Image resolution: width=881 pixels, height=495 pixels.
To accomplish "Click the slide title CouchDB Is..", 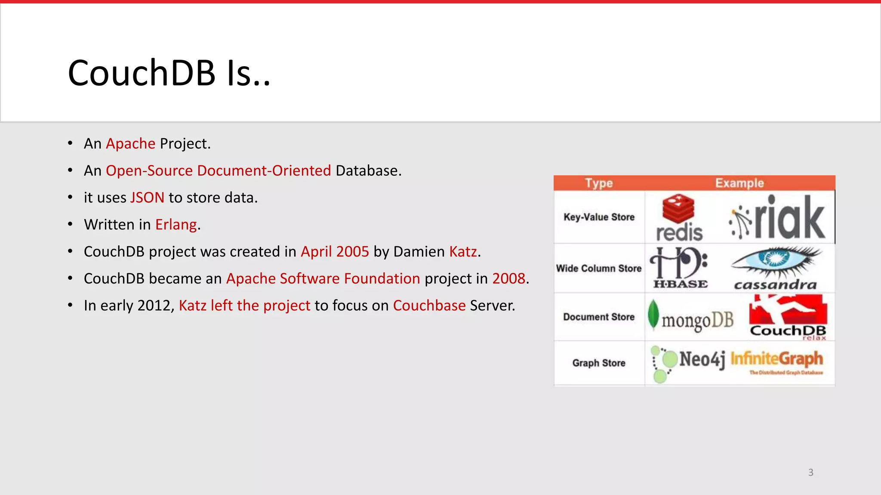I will click(169, 73).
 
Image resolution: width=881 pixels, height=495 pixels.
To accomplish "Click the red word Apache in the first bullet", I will click(130, 144).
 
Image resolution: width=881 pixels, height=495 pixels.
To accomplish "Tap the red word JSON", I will click(147, 198).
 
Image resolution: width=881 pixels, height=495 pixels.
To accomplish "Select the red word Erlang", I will click(176, 225).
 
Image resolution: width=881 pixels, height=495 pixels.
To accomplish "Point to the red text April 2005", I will click(335, 252).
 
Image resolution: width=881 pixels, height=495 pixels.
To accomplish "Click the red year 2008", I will click(508, 279).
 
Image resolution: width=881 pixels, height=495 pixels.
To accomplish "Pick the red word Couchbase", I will click(429, 306).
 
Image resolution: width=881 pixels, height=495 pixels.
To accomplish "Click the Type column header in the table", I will click(599, 183).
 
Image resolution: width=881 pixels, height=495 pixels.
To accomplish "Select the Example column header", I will click(739, 183).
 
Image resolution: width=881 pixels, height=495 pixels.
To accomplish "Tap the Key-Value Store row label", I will click(599, 217).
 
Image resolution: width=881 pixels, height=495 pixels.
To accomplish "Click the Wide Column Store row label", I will click(599, 269).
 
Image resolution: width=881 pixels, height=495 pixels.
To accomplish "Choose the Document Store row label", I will click(599, 317).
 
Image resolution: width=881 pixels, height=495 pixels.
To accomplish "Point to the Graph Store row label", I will click(599, 363).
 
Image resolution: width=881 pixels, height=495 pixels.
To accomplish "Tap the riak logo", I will click(778, 218).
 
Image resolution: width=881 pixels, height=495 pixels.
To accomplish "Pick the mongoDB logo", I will click(691, 318).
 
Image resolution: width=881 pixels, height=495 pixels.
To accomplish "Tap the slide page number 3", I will click(810, 473).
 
